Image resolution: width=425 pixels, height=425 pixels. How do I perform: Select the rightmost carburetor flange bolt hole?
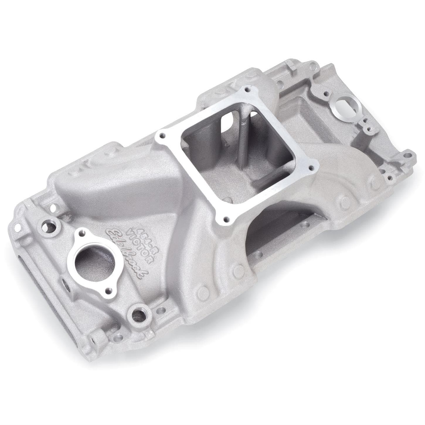tap(311, 168)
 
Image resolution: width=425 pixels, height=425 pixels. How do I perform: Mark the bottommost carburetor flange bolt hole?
tap(225, 219)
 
